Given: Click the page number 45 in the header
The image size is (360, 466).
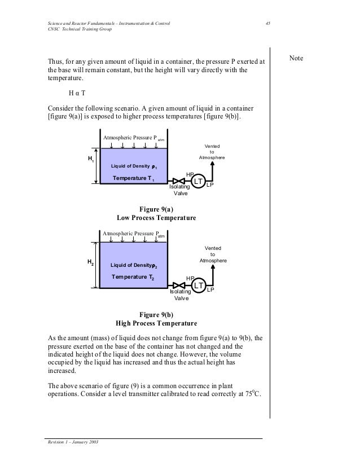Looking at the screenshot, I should pyautogui.click(x=269, y=22).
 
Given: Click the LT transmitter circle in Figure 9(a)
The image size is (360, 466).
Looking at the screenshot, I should pyautogui.click(x=198, y=181).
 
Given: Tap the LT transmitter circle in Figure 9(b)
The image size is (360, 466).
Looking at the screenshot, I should pyautogui.click(x=198, y=286).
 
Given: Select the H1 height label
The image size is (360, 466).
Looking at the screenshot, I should pyautogui.click(x=90, y=160).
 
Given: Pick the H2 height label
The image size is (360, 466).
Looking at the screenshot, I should pyautogui.click(x=90, y=262).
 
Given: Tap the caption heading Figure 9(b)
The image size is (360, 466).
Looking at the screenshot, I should pyautogui.click(x=156, y=315).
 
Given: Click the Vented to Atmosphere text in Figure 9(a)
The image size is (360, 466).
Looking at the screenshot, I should pyautogui.click(x=212, y=151).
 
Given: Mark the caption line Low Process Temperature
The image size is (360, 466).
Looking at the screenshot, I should pyautogui.click(x=156, y=217).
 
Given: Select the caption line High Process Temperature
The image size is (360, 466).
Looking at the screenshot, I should pyautogui.click(x=156, y=324).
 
